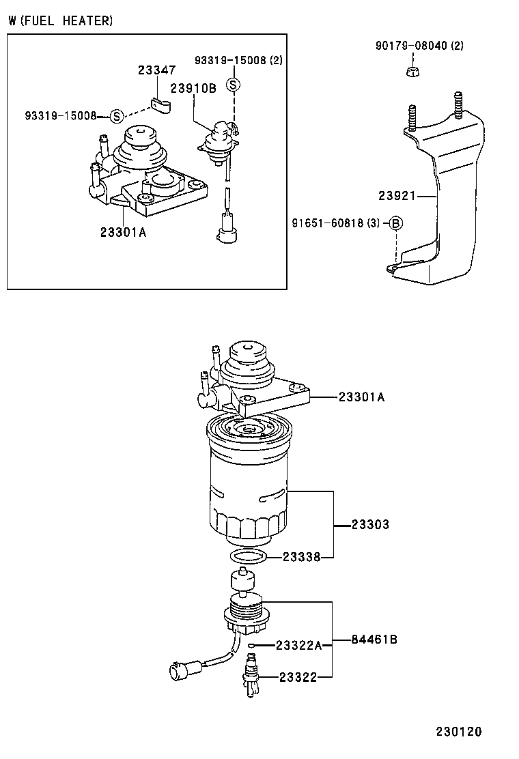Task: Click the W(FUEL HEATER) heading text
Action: coord(61,21)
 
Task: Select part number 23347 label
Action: coord(156,70)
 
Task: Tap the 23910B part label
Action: coord(193,88)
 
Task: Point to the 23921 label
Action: coord(397,196)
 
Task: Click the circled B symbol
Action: coord(395,223)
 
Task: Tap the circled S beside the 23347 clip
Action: coord(116,115)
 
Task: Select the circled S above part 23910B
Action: coord(234,85)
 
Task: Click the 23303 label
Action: coord(370,524)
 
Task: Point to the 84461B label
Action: coord(374,640)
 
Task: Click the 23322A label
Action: coord(298,644)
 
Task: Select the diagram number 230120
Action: coord(459,732)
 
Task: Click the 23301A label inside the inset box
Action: coord(123,231)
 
